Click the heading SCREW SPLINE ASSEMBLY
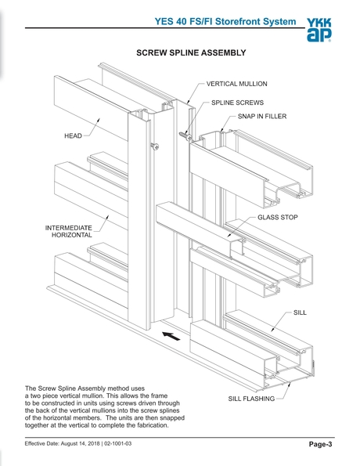pyautogui.click(x=192, y=53)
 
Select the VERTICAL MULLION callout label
pyautogui.click(x=237, y=83)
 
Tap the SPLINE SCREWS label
pyautogui.click(x=237, y=103)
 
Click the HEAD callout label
pyautogui.click(x=73, y=135)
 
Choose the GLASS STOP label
pyautogui.click(x=278, y=217)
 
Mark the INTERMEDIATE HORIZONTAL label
pyautogui.click(x=69, y=230)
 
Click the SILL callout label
pyautogui.click(x=301, y=312)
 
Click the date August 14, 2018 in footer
pyautogui.click(x=94, y=446)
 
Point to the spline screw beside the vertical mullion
pyautogui.click(x=185, y=135)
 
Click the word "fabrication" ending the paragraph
pyautogui.click(x=171, y=429)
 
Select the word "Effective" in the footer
pyautogui.click(x=39, y=446)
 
